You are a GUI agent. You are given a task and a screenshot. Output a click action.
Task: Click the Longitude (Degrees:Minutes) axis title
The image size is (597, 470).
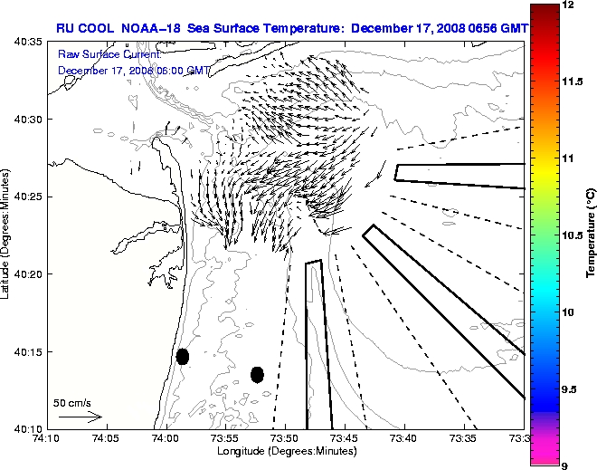tap(285, 451)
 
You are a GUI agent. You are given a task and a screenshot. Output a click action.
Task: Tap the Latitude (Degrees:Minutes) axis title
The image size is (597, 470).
tap(7, 235)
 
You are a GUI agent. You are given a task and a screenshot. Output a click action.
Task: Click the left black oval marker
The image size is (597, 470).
tap(183, 356)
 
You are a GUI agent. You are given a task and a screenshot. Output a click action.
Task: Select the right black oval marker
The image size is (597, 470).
tap(257, 374)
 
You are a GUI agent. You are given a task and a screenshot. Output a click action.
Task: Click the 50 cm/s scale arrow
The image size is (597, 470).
tap(80, 417)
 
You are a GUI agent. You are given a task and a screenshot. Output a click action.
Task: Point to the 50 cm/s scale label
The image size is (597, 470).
tap(72, 403)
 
